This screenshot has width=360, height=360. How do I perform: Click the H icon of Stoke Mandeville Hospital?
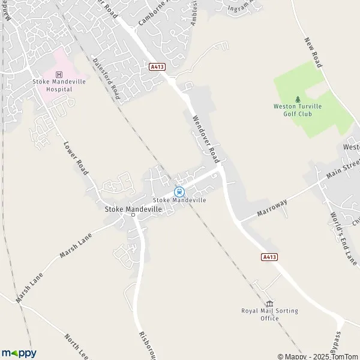(58, 74)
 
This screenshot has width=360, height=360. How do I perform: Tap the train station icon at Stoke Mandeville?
(179, 192)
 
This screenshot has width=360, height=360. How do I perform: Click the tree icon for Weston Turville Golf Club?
(298, 100)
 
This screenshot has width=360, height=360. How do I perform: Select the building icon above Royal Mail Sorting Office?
(269, 303)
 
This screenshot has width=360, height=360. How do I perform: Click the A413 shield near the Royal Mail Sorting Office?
(270, 257)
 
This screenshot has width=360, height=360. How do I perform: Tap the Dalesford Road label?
(107, 79)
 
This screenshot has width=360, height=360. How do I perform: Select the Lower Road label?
(76, 158)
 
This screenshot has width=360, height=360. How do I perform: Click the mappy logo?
(19, 353)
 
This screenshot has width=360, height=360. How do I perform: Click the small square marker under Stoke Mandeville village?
(133, 214)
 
